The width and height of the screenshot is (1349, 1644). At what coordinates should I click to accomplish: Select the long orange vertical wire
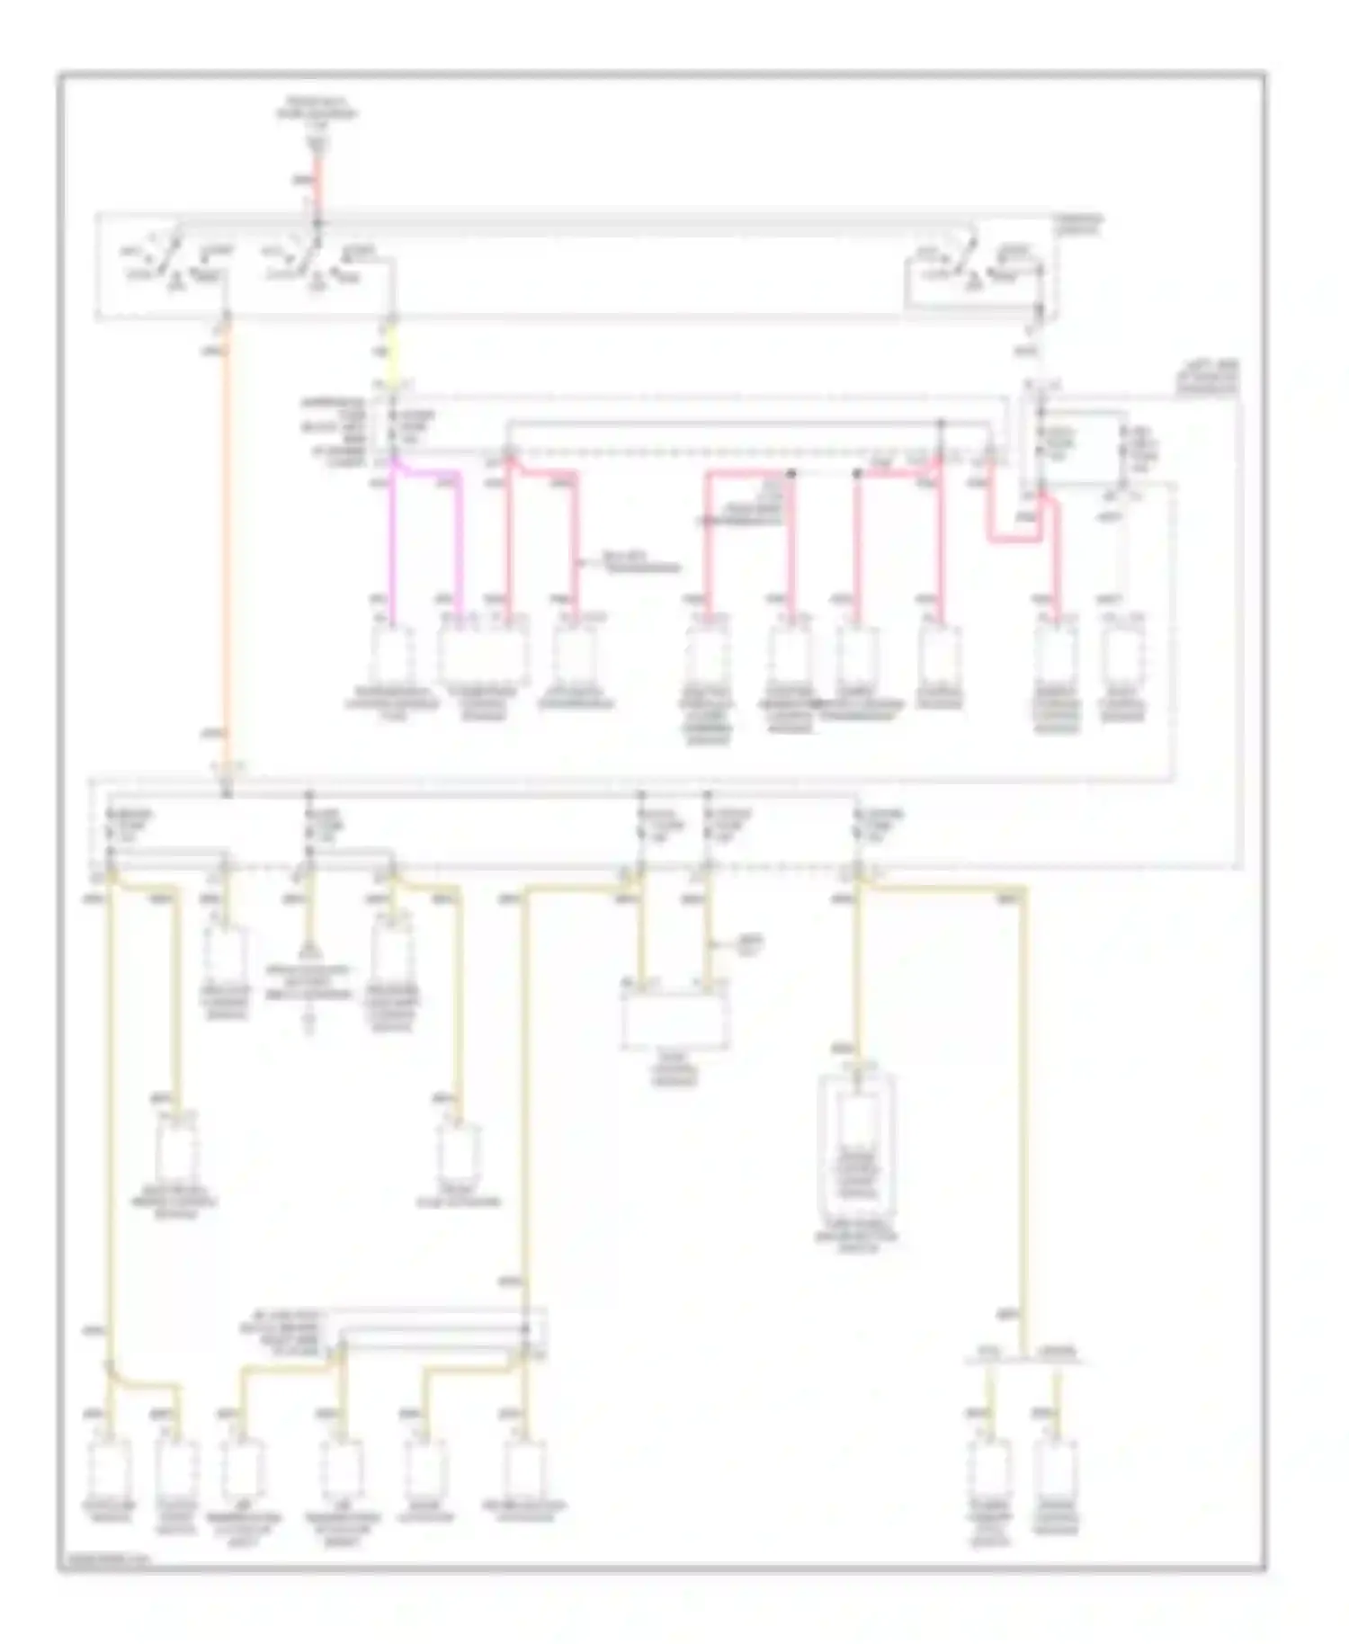point(227,540)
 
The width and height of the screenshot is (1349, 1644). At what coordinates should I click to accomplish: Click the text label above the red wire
point(317,113)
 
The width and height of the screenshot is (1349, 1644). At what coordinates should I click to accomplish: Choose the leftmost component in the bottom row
point(111,1468)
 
